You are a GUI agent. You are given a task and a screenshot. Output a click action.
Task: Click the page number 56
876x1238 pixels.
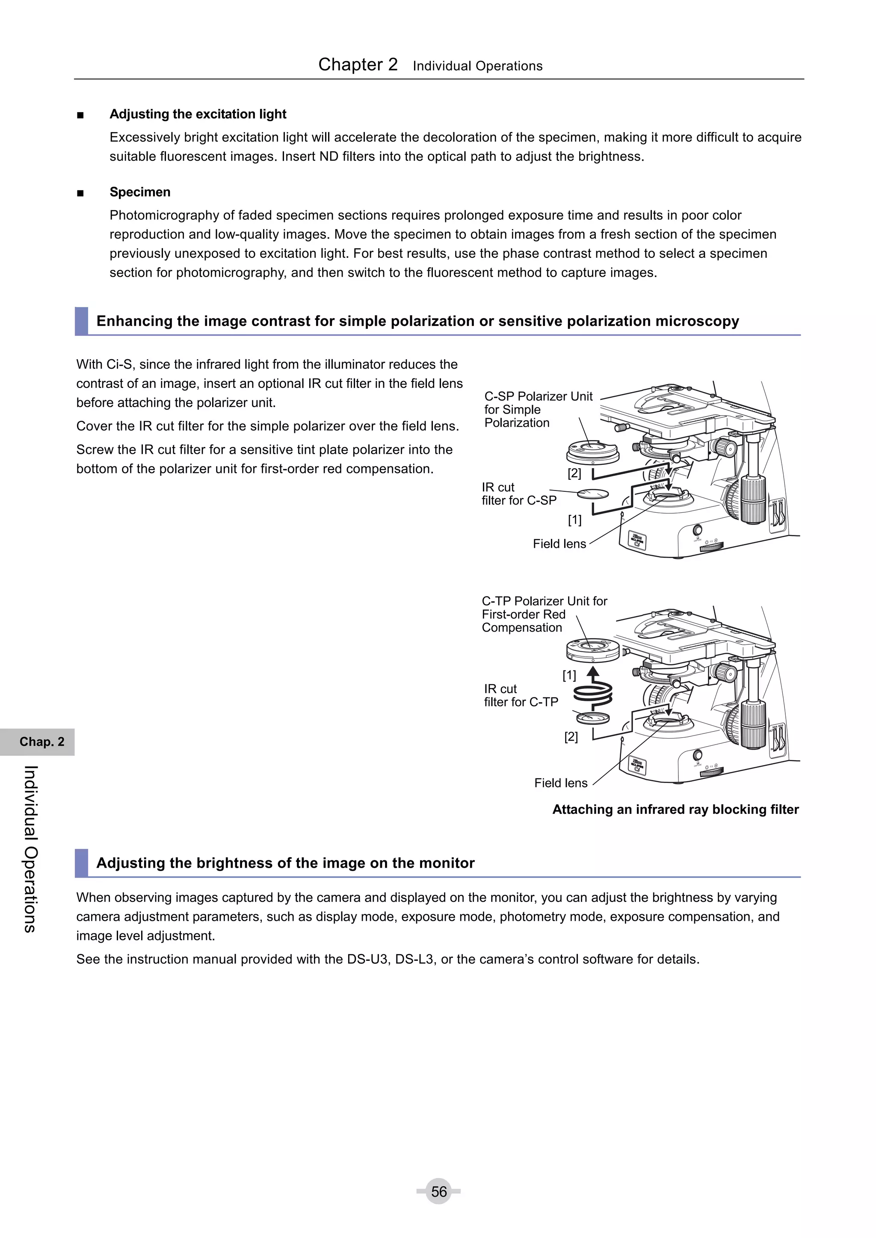(438, 1191)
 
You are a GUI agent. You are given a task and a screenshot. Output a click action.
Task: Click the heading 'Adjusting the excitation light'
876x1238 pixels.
(198, 114)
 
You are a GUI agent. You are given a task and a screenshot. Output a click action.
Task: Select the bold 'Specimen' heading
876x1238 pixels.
(140, 192)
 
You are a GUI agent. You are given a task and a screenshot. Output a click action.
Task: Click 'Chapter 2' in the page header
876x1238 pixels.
(358, 65)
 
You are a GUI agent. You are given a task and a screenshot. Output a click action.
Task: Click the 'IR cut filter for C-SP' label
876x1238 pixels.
(518, 494)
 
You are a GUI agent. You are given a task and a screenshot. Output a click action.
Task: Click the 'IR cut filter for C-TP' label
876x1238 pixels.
(521, 696)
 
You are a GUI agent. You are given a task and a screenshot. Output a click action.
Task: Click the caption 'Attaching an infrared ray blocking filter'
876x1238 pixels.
(675, 810)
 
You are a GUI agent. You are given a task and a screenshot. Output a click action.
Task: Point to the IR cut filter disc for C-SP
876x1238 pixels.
(593, 494)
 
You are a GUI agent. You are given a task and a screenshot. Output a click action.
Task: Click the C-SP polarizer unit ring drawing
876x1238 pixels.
(593, 451)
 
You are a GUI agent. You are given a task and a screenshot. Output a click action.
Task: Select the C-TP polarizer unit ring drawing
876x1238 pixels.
(593, 649)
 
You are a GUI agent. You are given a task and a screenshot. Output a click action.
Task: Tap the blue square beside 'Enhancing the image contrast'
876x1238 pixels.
(81, 321)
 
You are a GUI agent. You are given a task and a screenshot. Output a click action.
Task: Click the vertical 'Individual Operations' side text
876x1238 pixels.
(31, 849)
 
